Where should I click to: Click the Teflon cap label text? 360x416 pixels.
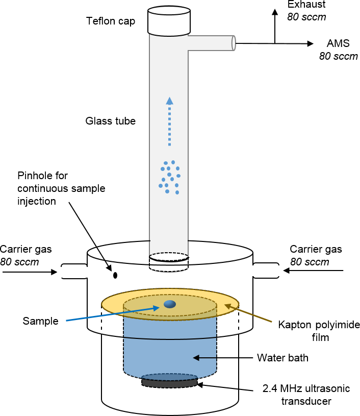110,21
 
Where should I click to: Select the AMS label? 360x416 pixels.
336,44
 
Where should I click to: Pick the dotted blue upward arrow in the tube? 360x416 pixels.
170,123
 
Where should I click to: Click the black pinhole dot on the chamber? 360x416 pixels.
115,276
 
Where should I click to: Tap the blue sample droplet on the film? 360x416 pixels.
169,304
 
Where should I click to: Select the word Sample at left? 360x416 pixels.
41,321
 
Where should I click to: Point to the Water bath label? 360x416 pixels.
282,358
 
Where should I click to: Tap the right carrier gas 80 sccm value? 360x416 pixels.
310,262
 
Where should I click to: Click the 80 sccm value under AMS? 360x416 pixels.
339,56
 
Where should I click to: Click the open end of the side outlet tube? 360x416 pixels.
234,43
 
